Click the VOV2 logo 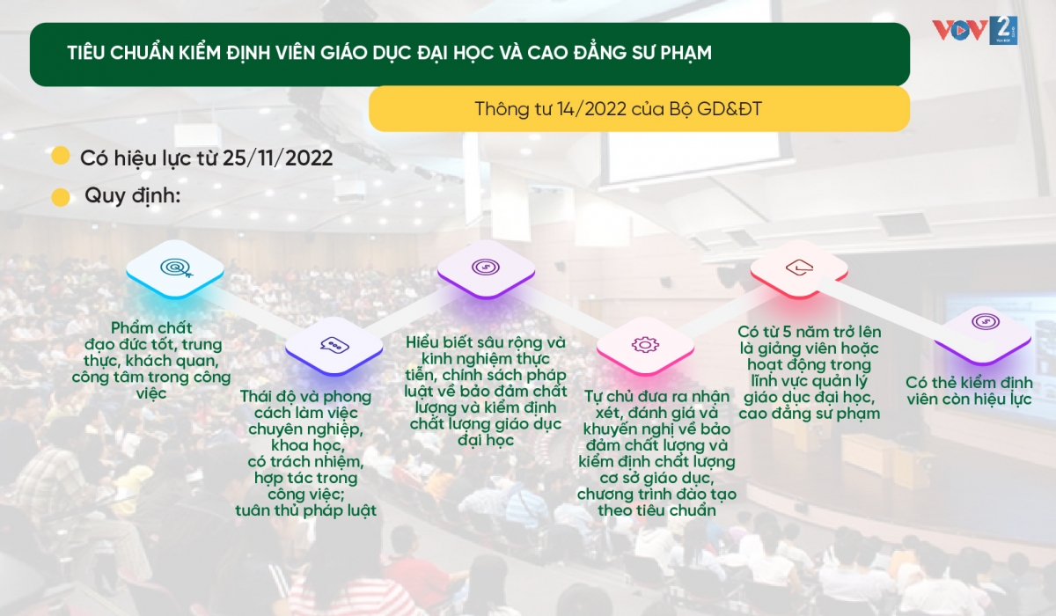[974, 30]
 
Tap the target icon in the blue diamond [176, 268]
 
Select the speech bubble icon [334, 345]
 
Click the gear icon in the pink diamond [645, 345]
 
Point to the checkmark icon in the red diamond [800, 268]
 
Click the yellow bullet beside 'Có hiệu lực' [61, 156]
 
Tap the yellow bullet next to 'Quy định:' [61, 197]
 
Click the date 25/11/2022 [278, 158]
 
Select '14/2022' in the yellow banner [591, 109]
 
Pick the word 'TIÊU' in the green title [87, 52]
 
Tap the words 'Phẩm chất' [151, 327]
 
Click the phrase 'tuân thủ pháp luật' [306, 510]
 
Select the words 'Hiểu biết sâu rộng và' [486, 341]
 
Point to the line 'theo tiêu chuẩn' [656, 510]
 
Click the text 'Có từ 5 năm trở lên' [810, 332]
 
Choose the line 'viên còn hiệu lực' [969, 399]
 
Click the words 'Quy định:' [133, 195]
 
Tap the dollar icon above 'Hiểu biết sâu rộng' [486, 268]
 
